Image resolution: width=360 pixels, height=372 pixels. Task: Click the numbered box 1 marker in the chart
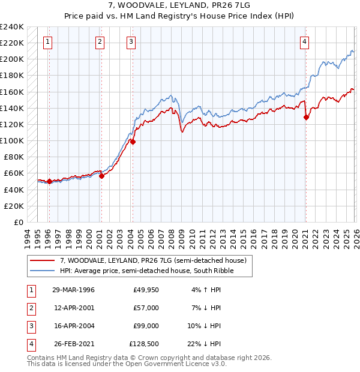[47, 41]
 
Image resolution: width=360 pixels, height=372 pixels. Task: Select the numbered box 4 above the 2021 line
[305, 41]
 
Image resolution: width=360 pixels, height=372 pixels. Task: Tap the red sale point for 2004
[133, 142]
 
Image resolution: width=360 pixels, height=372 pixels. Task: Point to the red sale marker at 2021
[306, 118]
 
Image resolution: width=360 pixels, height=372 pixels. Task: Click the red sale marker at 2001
[101, 176]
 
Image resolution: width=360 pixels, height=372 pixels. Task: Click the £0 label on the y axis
[18, 222]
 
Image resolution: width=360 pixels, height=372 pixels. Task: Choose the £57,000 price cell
[146, 308]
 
